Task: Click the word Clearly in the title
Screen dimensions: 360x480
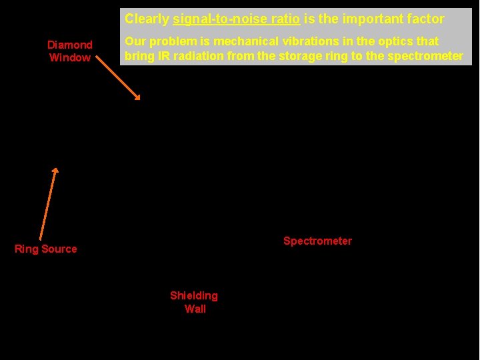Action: pos(147,19)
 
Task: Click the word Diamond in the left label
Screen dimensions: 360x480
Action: pos(70,45)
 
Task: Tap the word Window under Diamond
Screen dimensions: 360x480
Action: pos(70,58)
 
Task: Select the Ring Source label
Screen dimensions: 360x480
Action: pos(46,249)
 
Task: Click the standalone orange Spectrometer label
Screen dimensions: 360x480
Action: pos(317,241)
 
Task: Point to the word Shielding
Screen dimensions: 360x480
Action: pos(194,295)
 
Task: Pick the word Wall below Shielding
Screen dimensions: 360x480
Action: pos(195,309)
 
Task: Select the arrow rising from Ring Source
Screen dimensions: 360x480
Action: pos(48,203)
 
